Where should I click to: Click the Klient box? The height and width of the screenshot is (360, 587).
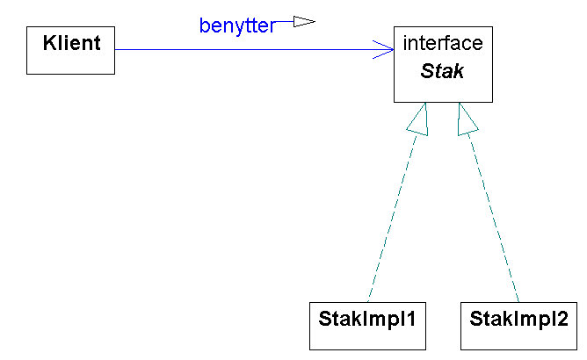pos(70,50)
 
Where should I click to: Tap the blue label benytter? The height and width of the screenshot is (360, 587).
pos(236,25)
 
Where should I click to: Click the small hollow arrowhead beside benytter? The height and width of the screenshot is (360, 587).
pos(303,22)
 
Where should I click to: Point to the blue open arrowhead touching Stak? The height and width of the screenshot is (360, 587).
pos(384,49)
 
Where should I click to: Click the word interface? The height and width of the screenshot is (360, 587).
pos(442,43)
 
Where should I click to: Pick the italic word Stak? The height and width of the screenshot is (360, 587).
pos(442,71)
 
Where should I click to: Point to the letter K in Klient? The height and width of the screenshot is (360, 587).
pos(48,40)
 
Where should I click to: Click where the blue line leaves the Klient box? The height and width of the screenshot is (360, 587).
pos(115,49)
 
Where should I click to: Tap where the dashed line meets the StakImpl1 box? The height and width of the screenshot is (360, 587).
pos(368,301)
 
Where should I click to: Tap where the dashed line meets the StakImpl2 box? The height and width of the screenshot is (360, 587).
pos(518,301)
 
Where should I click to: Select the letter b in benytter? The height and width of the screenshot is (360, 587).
pos(204,25)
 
